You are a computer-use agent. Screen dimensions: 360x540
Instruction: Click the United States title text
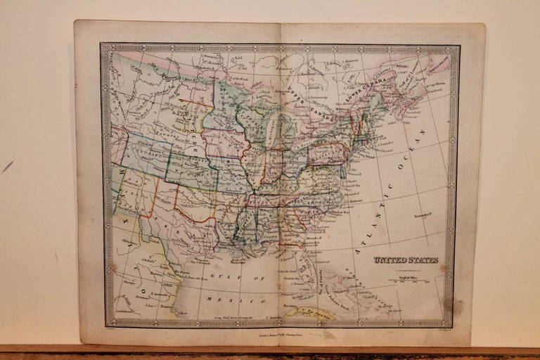pos(406,260)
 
